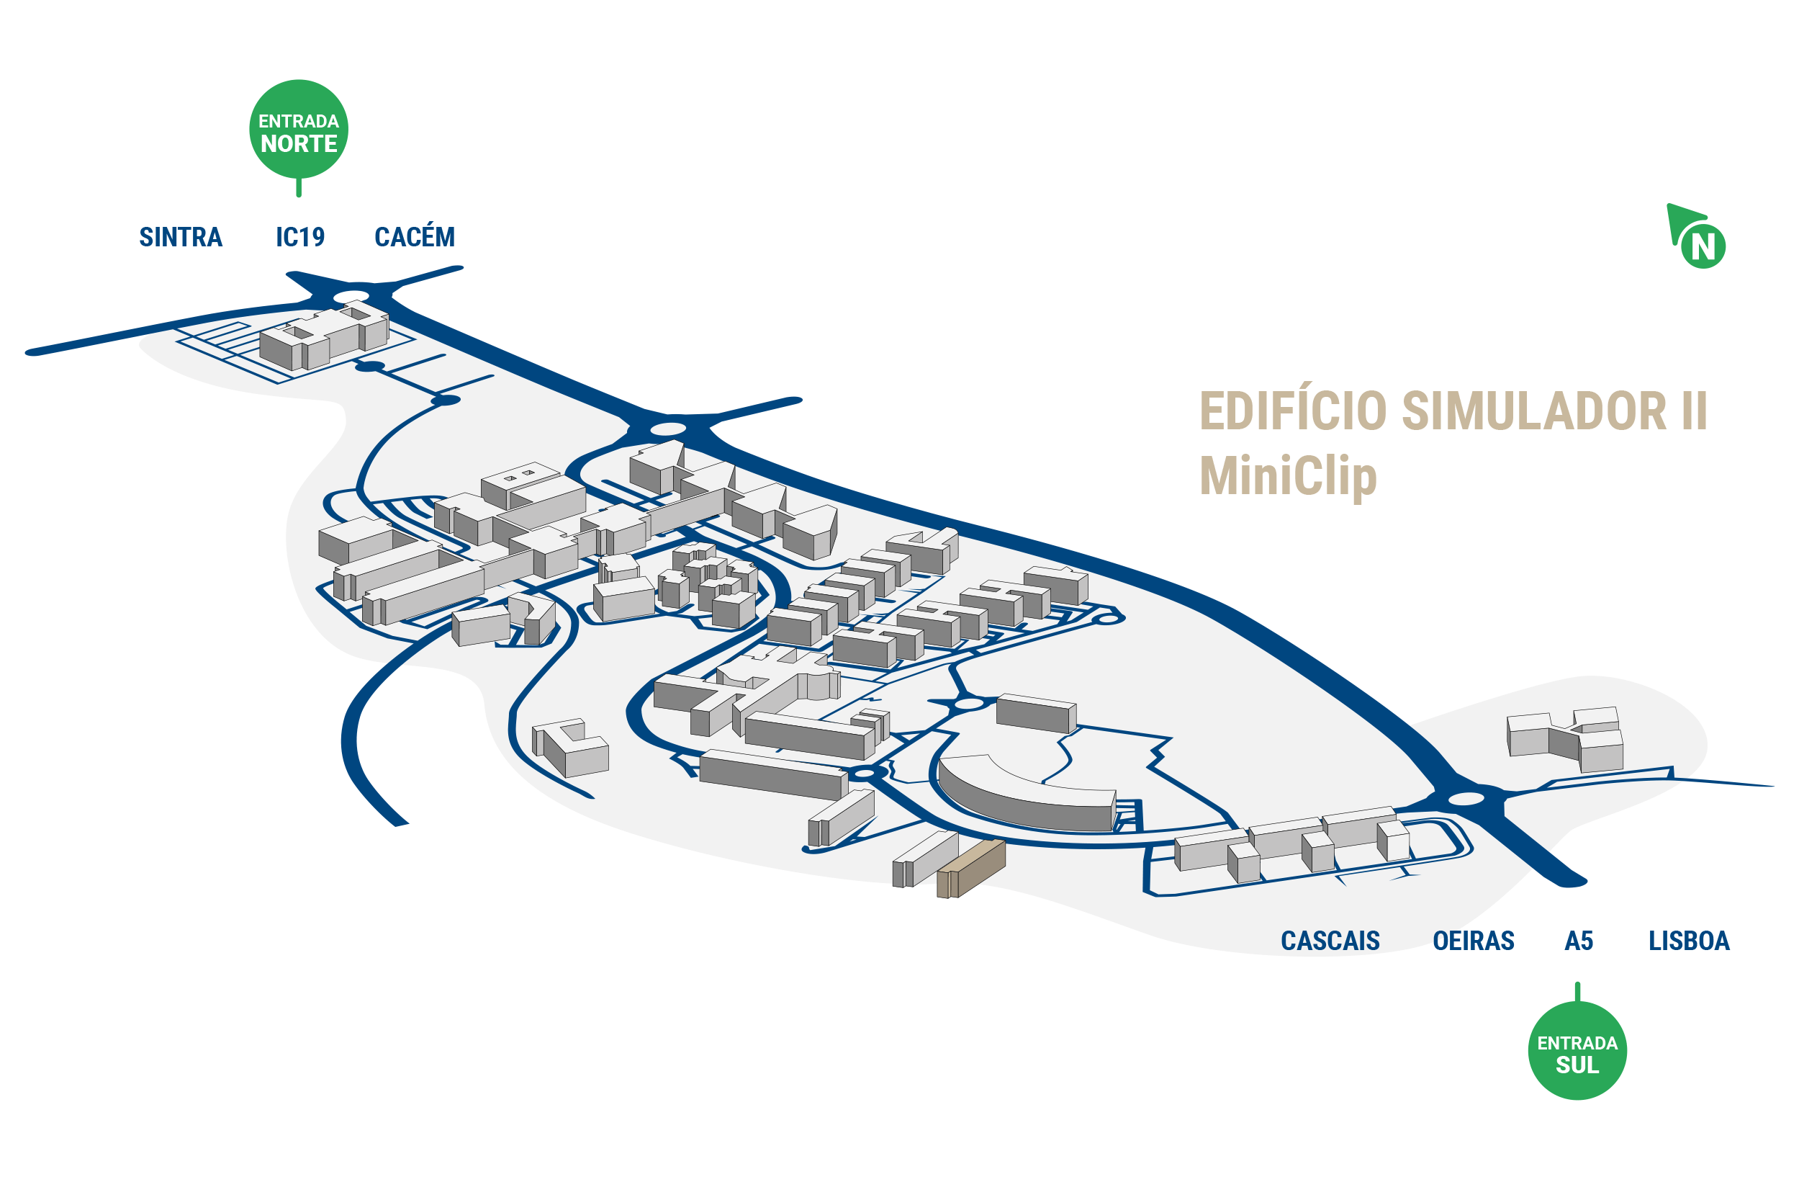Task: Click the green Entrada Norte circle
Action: click(298, 130)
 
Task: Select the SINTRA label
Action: click(181, 237)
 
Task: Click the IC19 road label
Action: click(299, 237)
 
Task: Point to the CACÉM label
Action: click(415, 236)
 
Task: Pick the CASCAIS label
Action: click(1330, 941)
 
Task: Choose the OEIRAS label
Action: click(1473, 941)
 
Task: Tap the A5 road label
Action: click(1579, 941)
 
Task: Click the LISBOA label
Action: click(1689, 941)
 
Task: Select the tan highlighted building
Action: click(970, 869)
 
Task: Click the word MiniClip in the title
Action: click(1288, 477)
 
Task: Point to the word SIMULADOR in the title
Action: click(1534, 411)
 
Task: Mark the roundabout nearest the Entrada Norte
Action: click(351, 296)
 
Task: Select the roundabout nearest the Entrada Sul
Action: click(1466, 799)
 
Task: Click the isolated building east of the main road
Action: click(1565, 739)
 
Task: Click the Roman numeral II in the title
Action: click(1694, 411)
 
